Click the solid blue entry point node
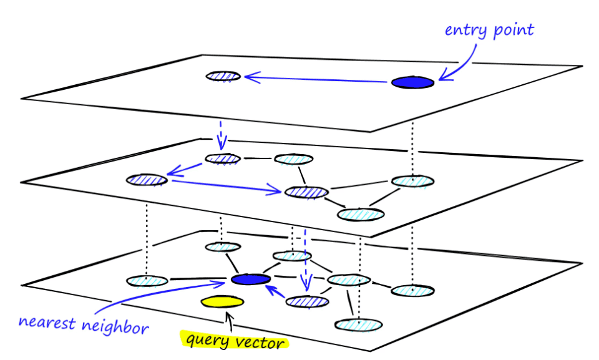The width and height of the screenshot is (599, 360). tap(412, 82)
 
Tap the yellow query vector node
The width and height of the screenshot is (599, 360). tap(222, 302)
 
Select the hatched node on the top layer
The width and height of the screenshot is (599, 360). tap(223, 77)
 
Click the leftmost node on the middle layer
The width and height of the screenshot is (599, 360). tap(147, 180)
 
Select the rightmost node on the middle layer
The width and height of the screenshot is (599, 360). tap(413, 182)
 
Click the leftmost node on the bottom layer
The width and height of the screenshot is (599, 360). tap(146, 281)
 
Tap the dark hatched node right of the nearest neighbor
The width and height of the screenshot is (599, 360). tap(307, 302)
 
